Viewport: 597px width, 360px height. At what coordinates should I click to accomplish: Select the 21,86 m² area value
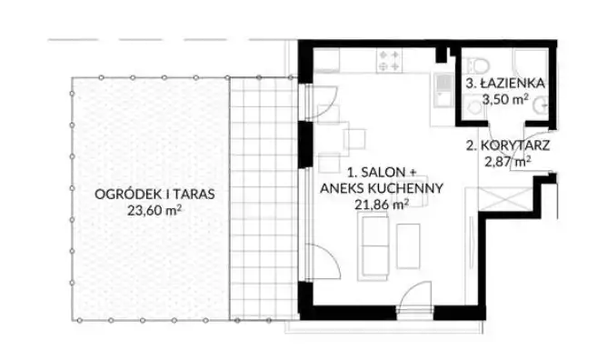click(x=382, y=205)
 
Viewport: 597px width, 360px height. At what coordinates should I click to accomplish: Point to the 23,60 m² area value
click(x=154, y=210)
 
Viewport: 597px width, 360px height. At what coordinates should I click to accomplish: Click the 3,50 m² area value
click(x=505, y=99)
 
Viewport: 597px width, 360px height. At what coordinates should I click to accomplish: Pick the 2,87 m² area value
click(x=508, y=162)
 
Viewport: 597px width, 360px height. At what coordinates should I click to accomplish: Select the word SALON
click(x=383, y=172)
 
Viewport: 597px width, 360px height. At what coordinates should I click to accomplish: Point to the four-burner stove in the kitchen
click(x=389, y=61)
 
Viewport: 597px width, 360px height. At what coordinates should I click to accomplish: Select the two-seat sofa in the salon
click(x=373, y=245)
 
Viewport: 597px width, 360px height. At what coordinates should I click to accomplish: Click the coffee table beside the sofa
click(x=408, y=246)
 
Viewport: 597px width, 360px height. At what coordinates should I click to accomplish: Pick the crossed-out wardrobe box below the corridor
click(x=505, y=198)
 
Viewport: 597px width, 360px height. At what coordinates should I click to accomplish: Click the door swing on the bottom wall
click(x=415, y=295)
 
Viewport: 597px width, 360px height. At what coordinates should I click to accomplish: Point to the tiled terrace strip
click(x=264, y=198)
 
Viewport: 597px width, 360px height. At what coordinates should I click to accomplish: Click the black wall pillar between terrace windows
click(x=305, y=145)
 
